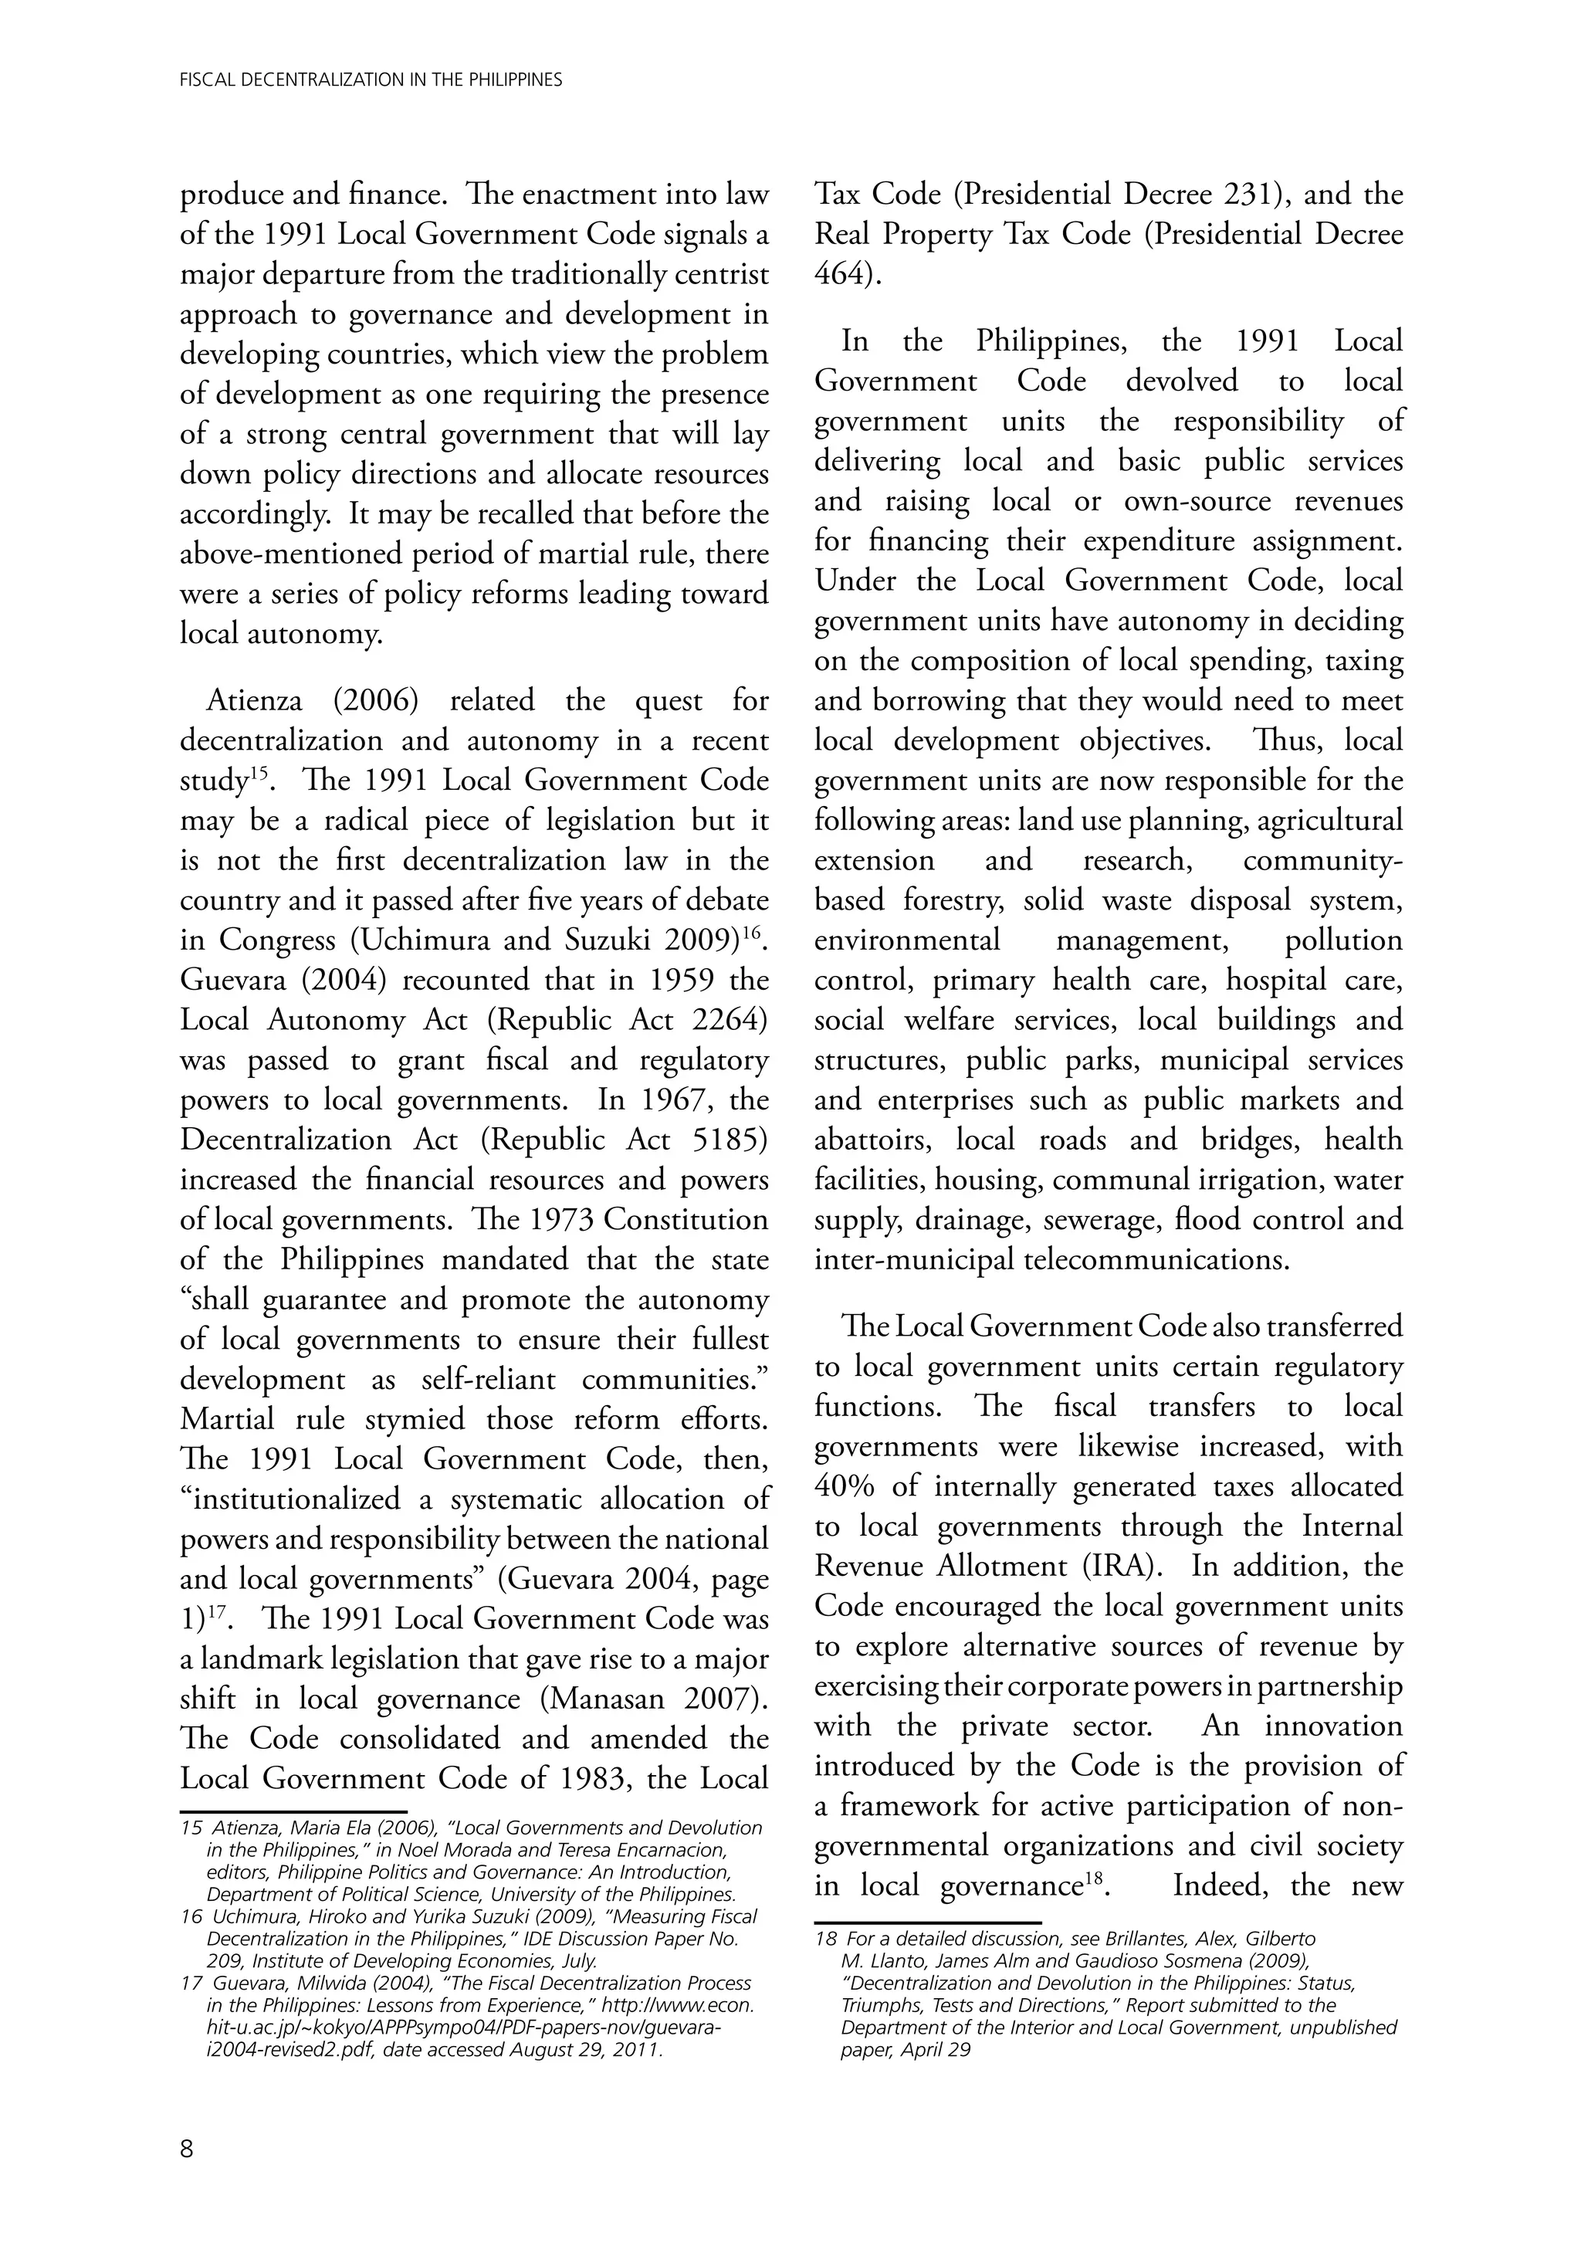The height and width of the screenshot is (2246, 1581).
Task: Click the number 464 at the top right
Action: click(842, 275)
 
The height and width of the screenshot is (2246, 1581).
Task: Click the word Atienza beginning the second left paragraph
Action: click(255, 700)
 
